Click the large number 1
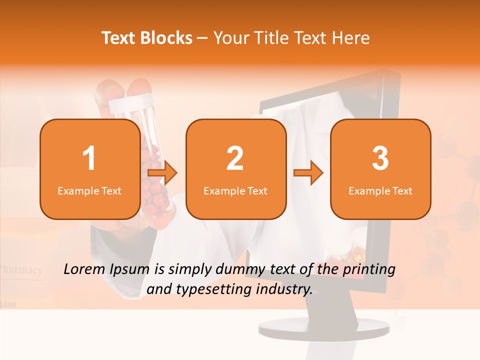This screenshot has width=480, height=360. click(x=89, y=158)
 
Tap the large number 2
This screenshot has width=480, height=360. click(x=235, y=158)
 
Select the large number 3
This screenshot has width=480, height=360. click(x=380, y=158)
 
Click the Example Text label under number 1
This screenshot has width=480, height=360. click(x=89, y=190)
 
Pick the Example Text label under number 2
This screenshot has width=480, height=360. click(x=235, y=190)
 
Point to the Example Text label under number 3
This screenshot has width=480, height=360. click(x=380, y=190)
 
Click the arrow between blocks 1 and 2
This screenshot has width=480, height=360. click(x=163, y=173)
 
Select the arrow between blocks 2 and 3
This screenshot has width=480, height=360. click(x=308, y=173)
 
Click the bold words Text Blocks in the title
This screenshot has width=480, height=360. click(x=147, y=38)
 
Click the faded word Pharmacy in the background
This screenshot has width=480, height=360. click(x=21, y=270)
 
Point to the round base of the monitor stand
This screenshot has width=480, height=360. click(x=323, y=328)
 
